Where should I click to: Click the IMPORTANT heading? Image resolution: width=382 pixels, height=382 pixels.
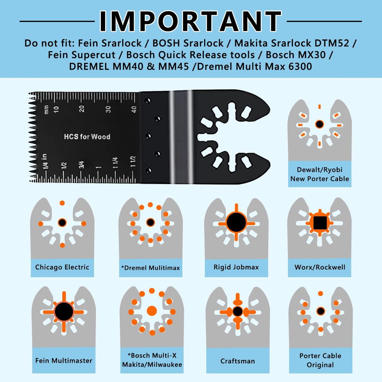tap(190, 21)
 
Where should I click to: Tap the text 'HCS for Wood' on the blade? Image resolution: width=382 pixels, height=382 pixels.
tap(87, 137)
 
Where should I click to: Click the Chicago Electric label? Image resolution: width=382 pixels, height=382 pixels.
tap(62, 267)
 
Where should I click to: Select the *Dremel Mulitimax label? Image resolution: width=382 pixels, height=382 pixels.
tap(150, 268)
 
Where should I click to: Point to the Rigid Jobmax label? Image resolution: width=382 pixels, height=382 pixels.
tap(236, 267)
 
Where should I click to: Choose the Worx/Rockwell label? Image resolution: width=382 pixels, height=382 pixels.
tap(320, 267)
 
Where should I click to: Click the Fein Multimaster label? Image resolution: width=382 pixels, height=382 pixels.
tap(64, 360)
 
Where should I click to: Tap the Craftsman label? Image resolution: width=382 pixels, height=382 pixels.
tap(238, 361)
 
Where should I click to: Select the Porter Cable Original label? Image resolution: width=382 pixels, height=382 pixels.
tap(320, 360)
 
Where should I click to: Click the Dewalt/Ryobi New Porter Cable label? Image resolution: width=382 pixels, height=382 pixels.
tap(320, 174)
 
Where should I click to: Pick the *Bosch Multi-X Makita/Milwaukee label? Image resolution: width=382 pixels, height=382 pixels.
tap(152, 360)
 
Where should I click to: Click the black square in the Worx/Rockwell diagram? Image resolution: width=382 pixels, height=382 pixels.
tap(320, 222)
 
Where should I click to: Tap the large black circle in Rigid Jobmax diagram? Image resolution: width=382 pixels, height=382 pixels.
tap(236, 222)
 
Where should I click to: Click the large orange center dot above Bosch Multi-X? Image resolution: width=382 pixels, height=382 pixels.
tap(152, 311)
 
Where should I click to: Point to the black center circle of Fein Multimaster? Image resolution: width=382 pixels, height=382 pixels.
tap(64, 312)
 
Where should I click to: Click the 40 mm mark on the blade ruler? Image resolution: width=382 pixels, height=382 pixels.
tap(134, 110)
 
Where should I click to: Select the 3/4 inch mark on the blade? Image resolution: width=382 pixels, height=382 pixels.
tap(81, 165)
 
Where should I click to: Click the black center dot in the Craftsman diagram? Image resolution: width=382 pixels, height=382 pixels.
tap(238, 312)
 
